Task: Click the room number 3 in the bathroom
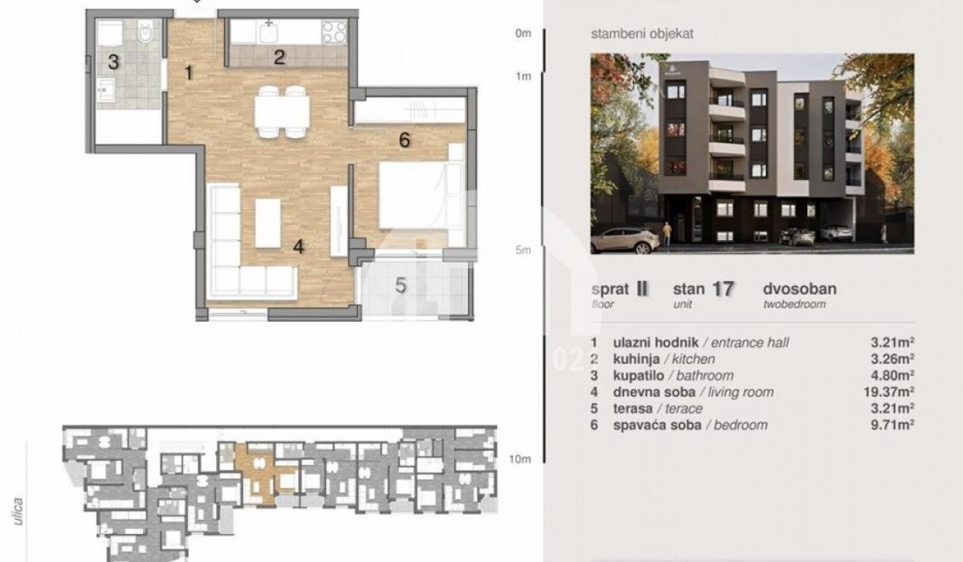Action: point(113,62)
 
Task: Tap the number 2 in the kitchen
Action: point(279,57)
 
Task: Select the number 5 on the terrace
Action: point(400,286)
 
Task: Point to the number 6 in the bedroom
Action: point(404,140)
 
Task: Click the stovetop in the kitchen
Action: point(334,32)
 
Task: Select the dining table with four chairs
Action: point(282,112)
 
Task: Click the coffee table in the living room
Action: point(268,223)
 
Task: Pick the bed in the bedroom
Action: point(413,195)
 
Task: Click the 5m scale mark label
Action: point(523,250)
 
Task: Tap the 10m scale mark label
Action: point(520,459)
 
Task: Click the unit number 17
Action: point(723,289)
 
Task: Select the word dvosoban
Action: point(799,289)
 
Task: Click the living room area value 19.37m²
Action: point(888,392)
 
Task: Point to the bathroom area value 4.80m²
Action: point(892,376)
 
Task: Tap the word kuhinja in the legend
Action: point(636,359)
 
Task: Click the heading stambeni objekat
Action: point(642,34)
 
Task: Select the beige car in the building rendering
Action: point(624,240)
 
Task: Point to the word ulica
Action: point(18,511)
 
